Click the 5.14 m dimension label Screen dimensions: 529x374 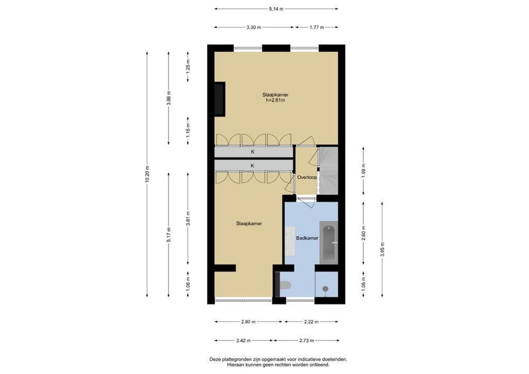pyautogui.click(x=276, y=9)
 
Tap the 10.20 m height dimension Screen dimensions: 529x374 pyautogui.click(x=147, y=174)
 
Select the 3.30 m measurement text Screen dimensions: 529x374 pyautogui.click(x=254, y=27)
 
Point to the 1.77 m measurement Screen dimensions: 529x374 pyautogui.click(x=317, y=27)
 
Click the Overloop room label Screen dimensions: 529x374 pyautogui.click(x=307, y=177)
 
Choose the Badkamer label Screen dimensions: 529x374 pyautogui.click(x=307, y=238)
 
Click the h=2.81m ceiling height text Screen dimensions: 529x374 pyautogui.click(x=275, y=100)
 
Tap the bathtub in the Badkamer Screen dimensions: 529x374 pyautogui.click(x=329, y=243)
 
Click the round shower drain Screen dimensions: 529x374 pyautogui.click(x=325, y=289)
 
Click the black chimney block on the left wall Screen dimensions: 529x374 pyautogui.click(x=219, y=99)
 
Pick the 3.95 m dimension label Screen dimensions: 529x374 pyautogui.click(x=383, y=249)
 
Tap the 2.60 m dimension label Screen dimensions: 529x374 pyautogui.click(x=364, y=233)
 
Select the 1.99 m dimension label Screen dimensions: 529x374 pyautogui.click(x=364, y=171)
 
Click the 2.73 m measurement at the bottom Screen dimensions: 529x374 pyautogui.click(x=306, y=340)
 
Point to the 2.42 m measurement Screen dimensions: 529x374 pyautogui.click(x=243, y=340)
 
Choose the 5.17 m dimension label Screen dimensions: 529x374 pyautogui.click(x=169, y=234)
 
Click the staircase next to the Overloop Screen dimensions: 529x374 pyautogui.click(x=328, y=171)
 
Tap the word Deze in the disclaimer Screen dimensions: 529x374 pyautogui.click(x=215, y=359)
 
